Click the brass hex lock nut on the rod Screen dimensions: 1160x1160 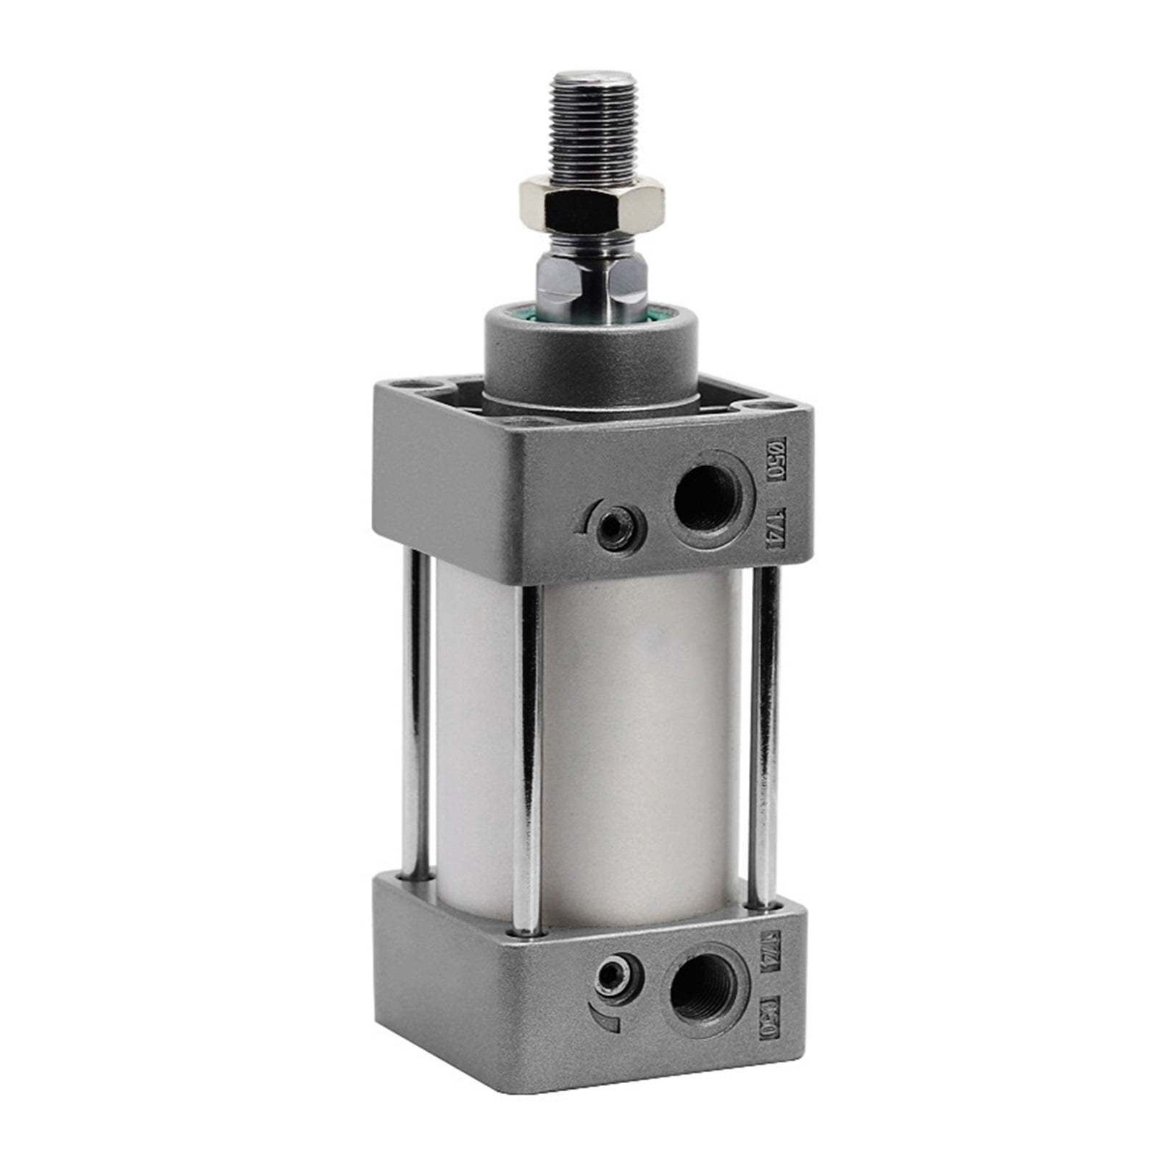tap(591, 204)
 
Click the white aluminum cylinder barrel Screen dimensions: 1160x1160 tap(638, 747)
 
